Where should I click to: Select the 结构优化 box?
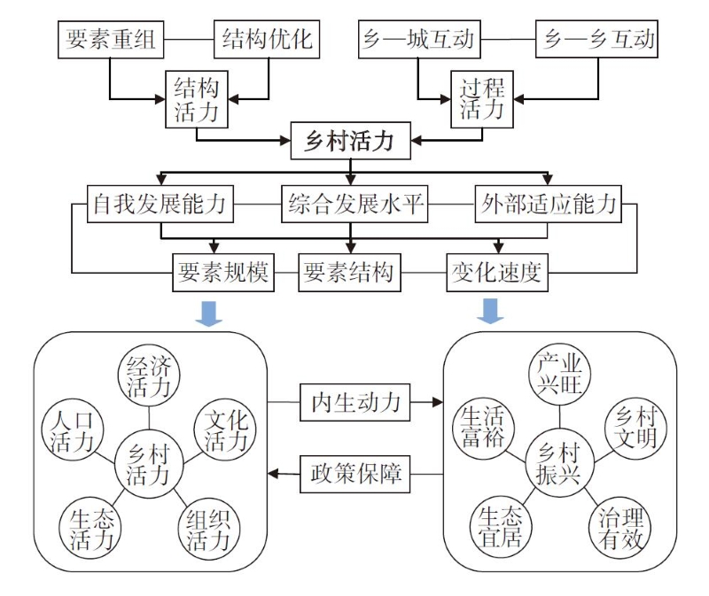[267, 40]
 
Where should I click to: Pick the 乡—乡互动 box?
[599, 40]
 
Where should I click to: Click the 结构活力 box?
[196, 98]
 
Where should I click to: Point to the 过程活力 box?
[483, 98]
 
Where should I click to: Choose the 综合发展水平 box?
[354, 205]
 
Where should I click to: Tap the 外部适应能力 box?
[548, 205]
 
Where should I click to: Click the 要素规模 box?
[222, 271]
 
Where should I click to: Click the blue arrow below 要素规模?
[210, 312]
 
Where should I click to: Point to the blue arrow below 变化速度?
[490, 312]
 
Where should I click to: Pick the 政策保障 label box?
[355, 474]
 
